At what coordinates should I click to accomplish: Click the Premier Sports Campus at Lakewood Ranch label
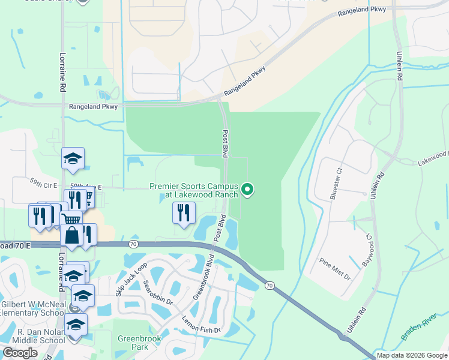[x=193, y=191]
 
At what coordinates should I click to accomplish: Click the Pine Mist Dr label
[x=335, y=269]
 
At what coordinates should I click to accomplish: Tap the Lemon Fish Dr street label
[x=202, y=324]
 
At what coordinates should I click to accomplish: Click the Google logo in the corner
[x=20, y=353]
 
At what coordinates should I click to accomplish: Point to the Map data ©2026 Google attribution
[x=412, y=355]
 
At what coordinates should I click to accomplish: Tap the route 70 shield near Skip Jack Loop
[x=133, y=244]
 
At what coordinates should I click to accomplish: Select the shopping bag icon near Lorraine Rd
[x=71, y=236]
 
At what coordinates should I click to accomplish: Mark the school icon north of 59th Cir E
[x=73, y=159]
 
